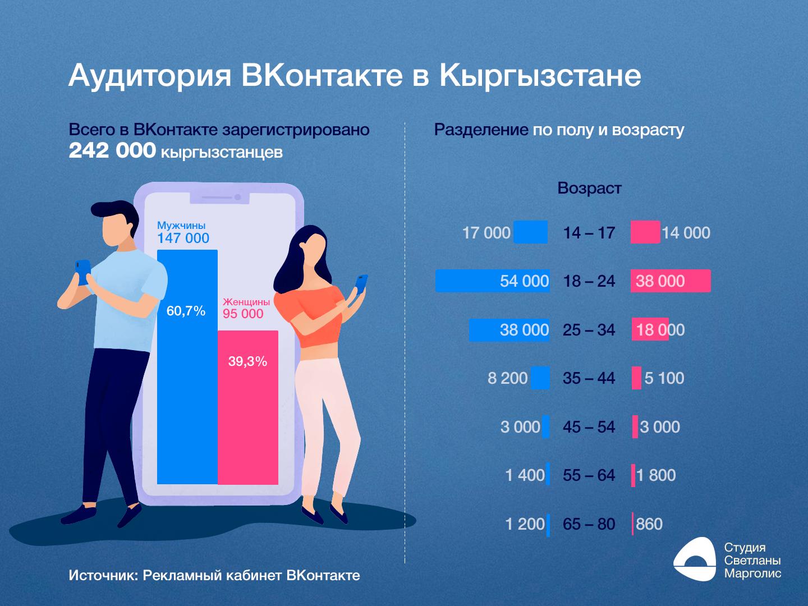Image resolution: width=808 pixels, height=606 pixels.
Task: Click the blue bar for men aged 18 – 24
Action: tap(466, 281)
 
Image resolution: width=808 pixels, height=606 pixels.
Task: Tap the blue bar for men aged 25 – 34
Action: tap(483, 330)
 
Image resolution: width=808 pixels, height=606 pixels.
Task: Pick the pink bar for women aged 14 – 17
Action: tap(645, 232)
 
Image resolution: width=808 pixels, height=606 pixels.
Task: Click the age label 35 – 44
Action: tap(589, 378)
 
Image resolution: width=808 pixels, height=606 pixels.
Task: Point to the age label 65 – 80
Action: tap(589, 524)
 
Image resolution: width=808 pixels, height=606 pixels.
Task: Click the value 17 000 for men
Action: tap(486, 233)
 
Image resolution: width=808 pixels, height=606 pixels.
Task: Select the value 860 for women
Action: tap(649, 524)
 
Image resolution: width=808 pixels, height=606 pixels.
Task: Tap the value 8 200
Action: tap(507, 378)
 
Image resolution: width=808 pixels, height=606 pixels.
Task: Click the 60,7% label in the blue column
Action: tap(186, 311)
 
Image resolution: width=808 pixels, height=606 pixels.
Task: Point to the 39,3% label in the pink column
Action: tap(247, 361)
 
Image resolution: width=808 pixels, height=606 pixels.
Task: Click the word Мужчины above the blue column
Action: tap(181, 226)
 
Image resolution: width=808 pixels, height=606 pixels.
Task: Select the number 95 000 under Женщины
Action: tap(243, 314)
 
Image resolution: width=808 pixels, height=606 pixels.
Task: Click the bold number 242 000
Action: tap(112, 150)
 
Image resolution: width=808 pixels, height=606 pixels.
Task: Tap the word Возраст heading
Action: tap(589, 188)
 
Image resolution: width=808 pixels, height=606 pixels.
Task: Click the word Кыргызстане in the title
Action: tap(540, 76)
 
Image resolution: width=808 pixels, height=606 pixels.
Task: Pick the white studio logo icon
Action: tap(695, 559)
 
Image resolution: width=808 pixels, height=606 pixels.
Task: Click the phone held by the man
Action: tap(83, 271)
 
